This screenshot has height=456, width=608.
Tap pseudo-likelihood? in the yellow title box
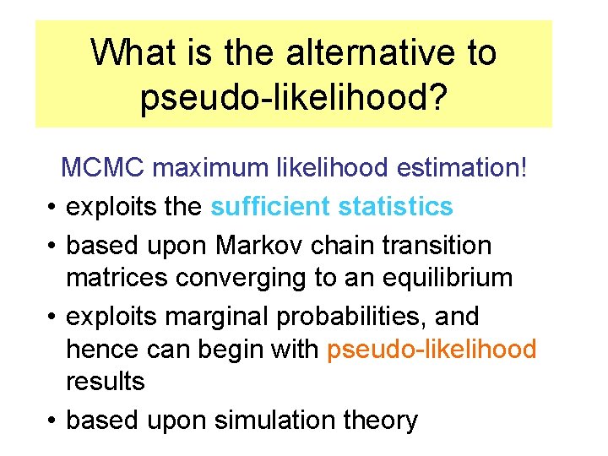tap(293, 98)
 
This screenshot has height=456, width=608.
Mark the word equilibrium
tap(443, 279)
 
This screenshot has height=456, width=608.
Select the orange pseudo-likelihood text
tap(431, 349)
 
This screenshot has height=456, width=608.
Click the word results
tap(106, 381)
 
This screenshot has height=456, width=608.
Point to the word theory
tap(381, 421)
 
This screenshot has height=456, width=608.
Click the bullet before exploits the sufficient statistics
tap(52, 207)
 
